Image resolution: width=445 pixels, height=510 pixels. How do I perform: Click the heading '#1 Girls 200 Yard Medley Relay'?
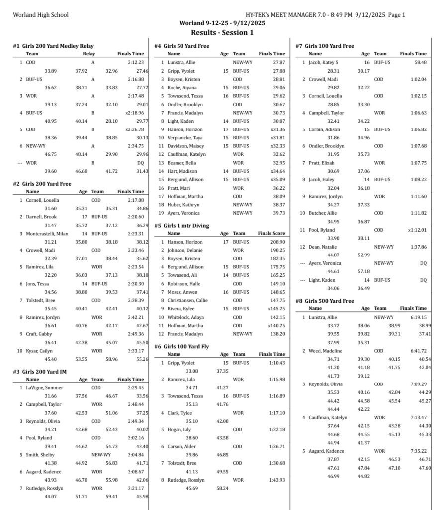[53, 46]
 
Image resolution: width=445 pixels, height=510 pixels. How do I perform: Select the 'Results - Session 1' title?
[223, 33]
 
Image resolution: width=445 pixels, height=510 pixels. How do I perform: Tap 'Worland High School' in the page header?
[41, 15]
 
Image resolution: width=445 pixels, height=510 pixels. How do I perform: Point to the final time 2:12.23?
[135, 62]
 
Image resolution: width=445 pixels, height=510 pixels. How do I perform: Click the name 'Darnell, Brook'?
[41, 217]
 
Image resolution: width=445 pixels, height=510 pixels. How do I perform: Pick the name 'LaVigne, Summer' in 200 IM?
[44, 387]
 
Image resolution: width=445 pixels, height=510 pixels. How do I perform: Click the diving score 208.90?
[277, 241]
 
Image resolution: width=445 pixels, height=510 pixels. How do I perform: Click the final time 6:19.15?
[418, 317]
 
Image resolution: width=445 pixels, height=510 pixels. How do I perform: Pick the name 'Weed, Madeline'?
[326, 350]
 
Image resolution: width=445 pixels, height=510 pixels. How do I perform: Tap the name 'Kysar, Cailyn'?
[40, 350]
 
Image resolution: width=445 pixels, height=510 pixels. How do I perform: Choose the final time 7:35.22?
[418, 451]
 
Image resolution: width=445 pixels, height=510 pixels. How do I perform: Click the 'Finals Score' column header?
[271, 233]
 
